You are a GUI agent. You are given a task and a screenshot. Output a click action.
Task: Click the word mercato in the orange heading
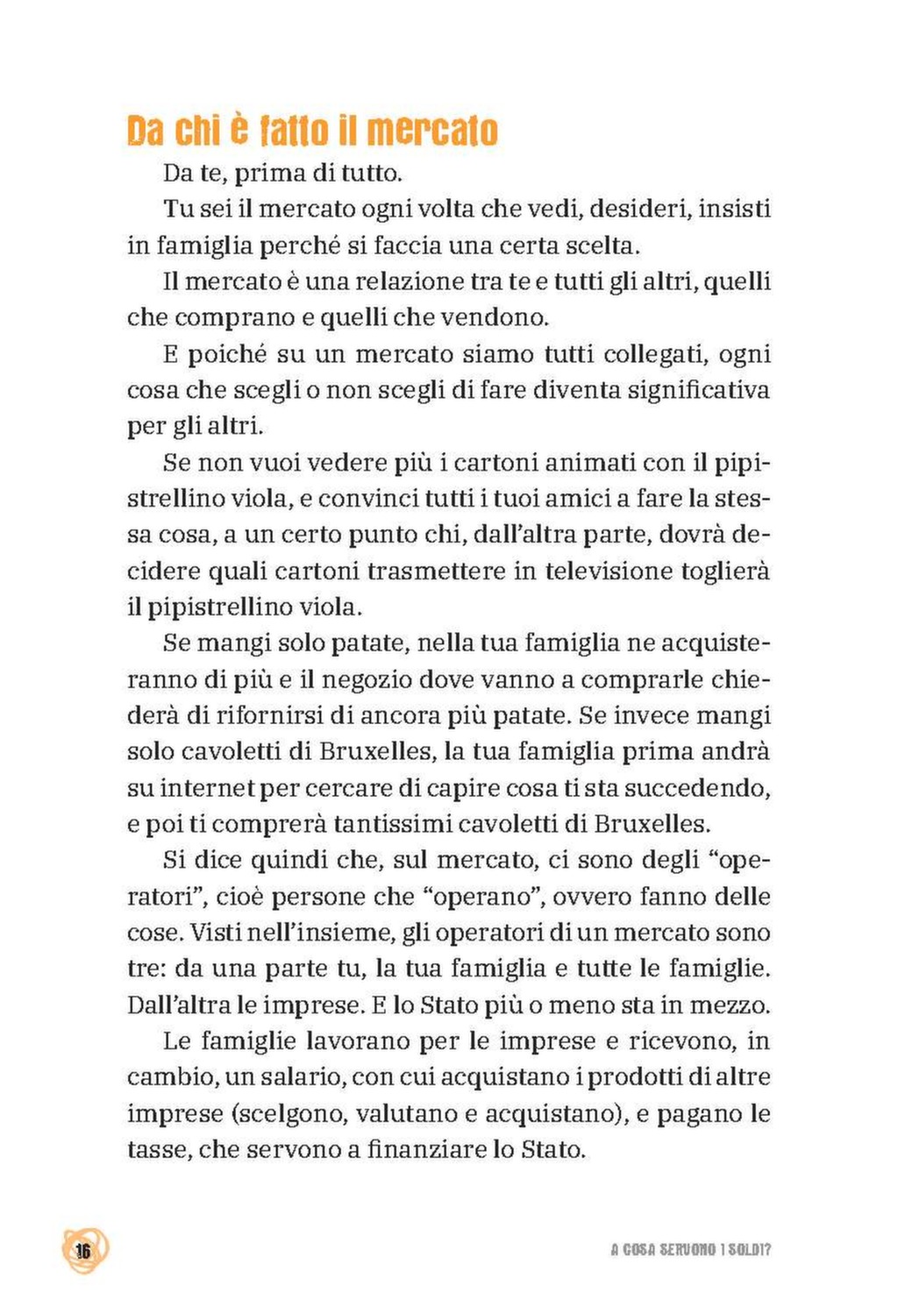click(431, 131)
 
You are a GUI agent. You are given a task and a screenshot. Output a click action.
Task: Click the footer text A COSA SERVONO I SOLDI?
click(690, 1250)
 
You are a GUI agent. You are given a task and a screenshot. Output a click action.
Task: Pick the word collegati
click(654, 354)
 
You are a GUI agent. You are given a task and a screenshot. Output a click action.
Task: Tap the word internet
click(207, 788)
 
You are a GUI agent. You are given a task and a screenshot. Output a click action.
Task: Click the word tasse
click(157, 1149)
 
